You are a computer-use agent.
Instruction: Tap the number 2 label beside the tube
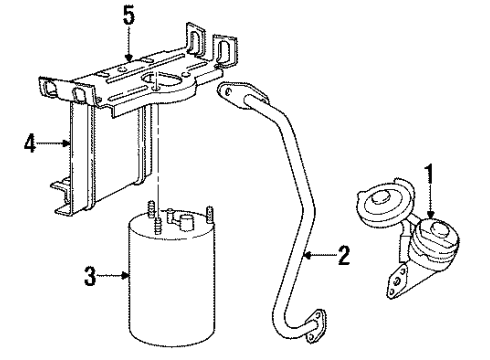pos(344,257)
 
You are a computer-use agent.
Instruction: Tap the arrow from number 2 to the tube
pos(318,257)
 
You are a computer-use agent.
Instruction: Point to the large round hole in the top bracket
pos(166,83)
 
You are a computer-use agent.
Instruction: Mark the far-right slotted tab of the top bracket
pos(225,49)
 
